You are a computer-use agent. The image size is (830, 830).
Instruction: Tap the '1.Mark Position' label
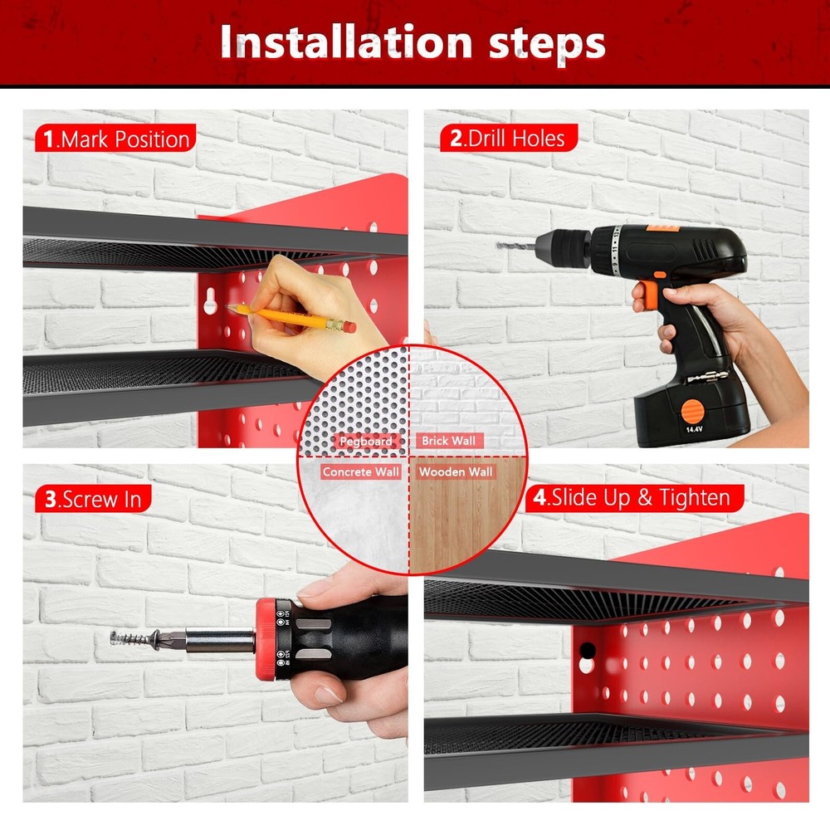(x=115, y=139)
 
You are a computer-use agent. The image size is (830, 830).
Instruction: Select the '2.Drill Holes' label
(x=507, y=138)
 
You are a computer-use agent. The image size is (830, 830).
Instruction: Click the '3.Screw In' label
(x=93, y=499)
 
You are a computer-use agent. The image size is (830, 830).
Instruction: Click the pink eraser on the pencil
(x=349, y=327)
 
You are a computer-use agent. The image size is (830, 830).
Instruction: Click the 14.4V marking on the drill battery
(x=694, y=430)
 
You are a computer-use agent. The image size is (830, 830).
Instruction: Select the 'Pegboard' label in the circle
(x=365, y=442)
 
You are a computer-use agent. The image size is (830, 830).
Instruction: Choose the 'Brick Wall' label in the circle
(x=448, y=441)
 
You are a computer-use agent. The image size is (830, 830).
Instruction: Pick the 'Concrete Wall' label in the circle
(x=361, y=471)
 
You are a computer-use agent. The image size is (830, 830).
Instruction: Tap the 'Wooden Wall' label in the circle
(x=455, y=471)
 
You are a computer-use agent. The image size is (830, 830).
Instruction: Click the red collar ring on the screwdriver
(x=265, y=639)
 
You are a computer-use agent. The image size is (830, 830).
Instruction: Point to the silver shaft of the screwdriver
(x=220, y=640)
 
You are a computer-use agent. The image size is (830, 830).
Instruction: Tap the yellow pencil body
(x=286, y=316)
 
